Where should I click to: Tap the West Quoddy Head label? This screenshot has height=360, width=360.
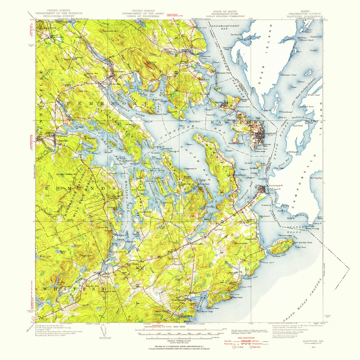point(303,242)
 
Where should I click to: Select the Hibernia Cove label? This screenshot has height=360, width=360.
point(289,75)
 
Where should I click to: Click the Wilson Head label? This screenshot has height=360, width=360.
point(313,95)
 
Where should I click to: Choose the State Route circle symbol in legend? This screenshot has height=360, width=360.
point(251,347)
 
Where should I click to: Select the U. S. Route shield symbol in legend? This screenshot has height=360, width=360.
point(234,347)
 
